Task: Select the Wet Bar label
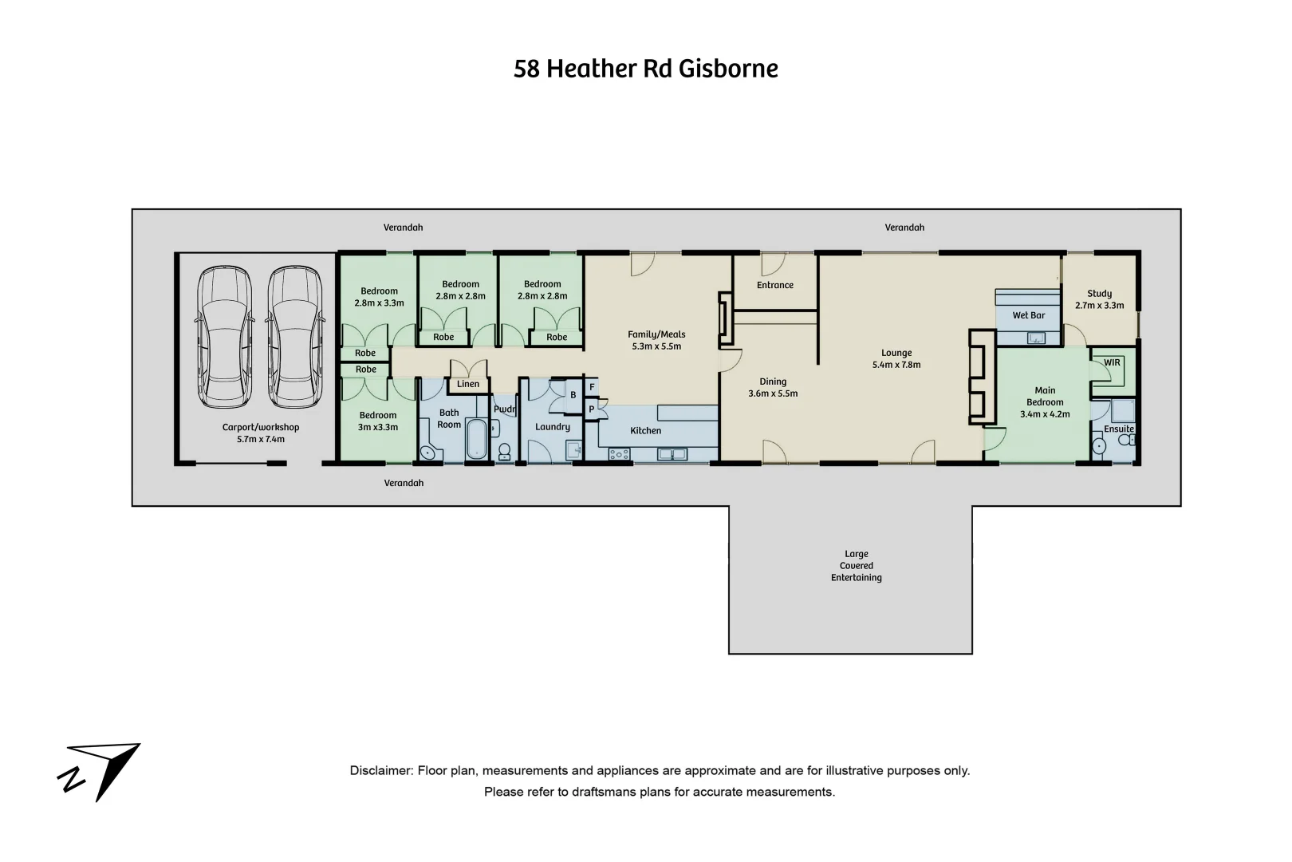click(1028, 315)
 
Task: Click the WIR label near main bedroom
click(1112, 362)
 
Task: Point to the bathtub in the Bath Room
click(476, 440)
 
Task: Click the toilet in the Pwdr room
click(504, 453)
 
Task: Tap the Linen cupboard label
click(468, 384)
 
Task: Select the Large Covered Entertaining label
click(856, 565)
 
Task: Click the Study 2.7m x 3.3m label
click(1099, 299)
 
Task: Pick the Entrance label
click(774, 285)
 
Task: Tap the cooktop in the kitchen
click(619, 454)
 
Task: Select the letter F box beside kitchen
click(592, 387)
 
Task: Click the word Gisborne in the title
click(728, 69)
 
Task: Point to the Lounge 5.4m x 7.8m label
click(896, 358)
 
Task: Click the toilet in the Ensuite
click(1099, 446)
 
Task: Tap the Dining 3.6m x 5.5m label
click(772, 387)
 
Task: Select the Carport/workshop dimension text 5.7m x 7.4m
click(260, 439)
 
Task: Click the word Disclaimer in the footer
click(380, 770)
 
